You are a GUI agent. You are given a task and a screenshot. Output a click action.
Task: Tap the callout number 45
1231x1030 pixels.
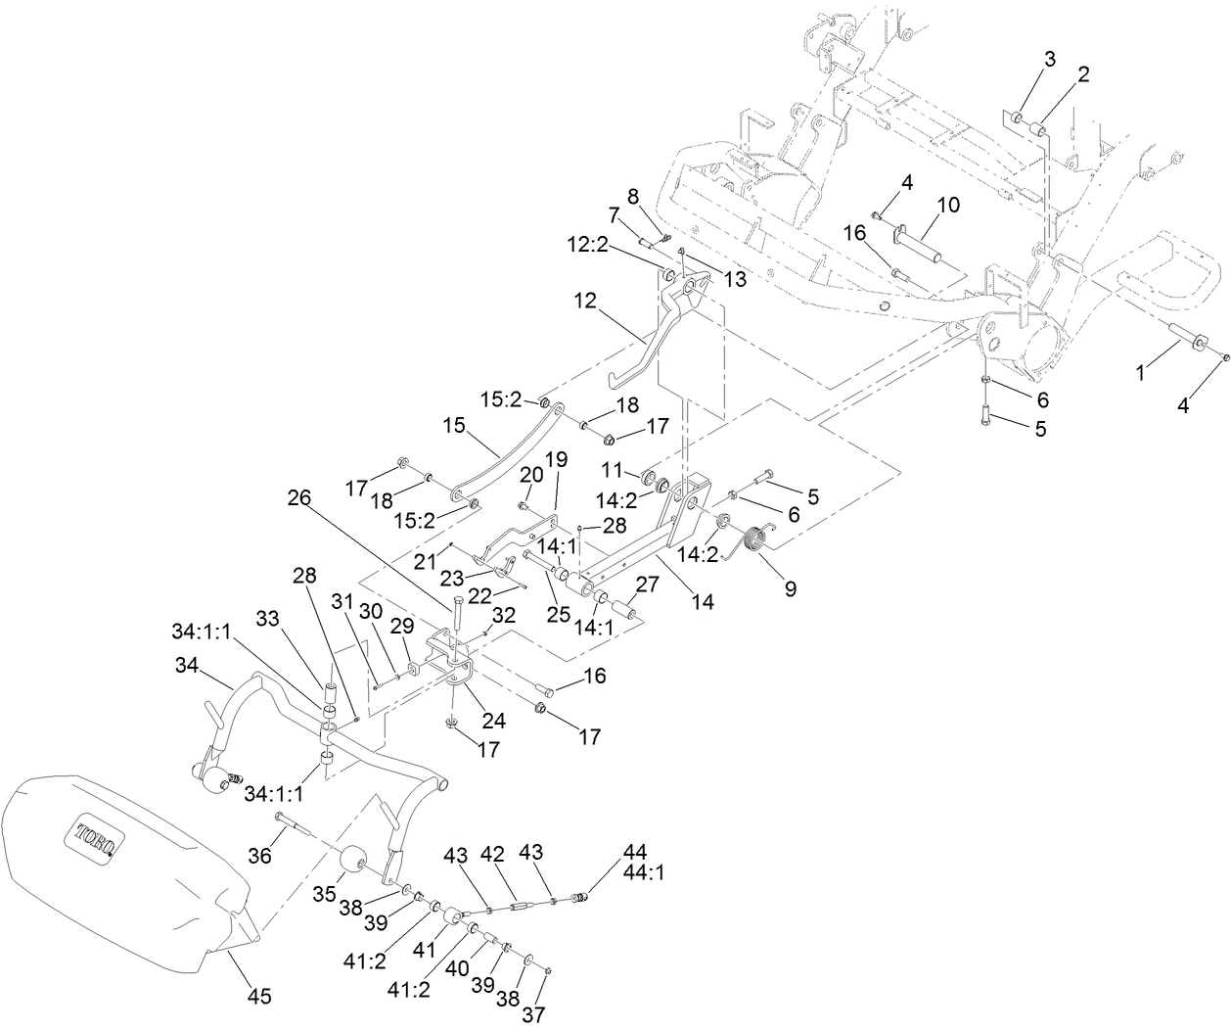(258, 996)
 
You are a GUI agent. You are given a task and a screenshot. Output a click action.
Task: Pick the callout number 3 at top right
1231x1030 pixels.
(1049, 59)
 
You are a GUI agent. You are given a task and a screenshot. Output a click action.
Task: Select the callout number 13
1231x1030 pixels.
(734, 279)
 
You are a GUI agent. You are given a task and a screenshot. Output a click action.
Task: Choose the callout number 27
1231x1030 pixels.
(648, 585)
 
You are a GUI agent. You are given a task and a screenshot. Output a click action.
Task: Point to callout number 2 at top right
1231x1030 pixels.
(1083, 73)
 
